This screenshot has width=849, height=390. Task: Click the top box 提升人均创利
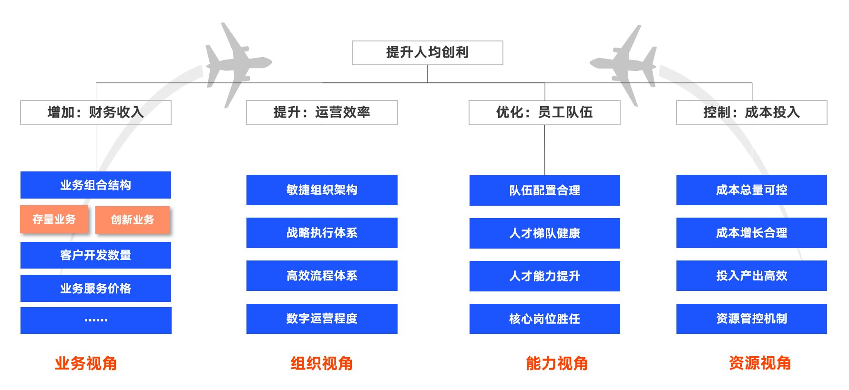coord(427,52)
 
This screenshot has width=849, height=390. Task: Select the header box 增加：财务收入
coord(95,112)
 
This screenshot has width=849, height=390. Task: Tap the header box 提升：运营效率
coord(322,112)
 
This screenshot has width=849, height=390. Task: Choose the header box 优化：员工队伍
coord(544,112)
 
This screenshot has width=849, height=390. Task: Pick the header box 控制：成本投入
coord(751,112)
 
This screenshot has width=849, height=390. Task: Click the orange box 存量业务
coord(54,220)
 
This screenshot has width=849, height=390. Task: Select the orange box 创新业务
coord(133,220)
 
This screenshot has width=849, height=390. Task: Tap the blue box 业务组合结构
coord(95,185)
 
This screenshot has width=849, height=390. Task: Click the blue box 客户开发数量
coord(95,255)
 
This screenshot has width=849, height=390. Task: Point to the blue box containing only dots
coord(95,320)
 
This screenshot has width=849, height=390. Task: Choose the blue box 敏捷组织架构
coord(322,190)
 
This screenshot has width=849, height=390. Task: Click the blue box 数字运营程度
coord(322,319)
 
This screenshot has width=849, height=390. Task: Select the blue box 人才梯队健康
coord(544,233)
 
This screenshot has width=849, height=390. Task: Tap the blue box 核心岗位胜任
coord(544,319)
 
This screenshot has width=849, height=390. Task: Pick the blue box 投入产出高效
coord(751,276)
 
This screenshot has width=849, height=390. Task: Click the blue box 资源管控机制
coord(751,319)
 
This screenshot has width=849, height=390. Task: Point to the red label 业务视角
coord(86,363)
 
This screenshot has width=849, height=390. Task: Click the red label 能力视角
coord(556,363)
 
